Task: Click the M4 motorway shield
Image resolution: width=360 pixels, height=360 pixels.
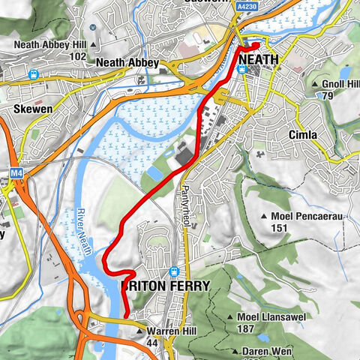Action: point(17,173)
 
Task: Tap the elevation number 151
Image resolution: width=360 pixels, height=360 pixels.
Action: point(280,228)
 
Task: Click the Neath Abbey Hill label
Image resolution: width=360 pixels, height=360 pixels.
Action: point(52,44)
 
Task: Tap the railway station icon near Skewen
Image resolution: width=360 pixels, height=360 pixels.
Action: point(33,75)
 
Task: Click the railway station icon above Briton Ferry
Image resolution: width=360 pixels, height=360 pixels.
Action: point(175,272)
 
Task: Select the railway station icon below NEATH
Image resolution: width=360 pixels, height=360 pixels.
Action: point(241,69)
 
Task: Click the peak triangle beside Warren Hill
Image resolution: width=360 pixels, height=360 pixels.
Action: point(139,331)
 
